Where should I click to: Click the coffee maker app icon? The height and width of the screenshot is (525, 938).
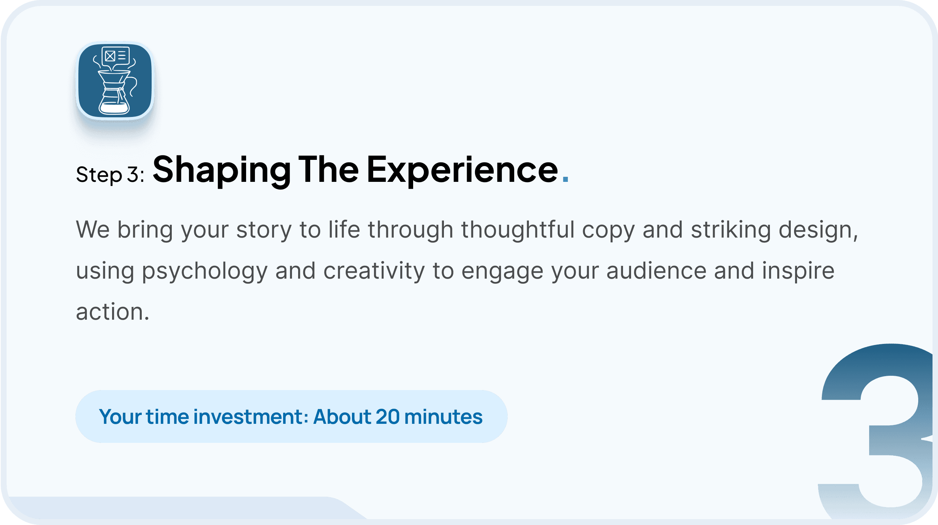click(115, 81)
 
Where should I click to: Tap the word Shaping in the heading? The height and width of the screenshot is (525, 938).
click(222, 170)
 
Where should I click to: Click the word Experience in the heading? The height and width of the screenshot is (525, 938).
click(462, 170)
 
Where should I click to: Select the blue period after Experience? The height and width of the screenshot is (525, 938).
click(565, 179)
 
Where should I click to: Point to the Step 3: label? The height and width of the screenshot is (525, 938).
click(110, 174)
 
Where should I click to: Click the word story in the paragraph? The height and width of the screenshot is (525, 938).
click(264, 230)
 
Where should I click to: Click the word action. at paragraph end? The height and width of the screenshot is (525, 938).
click(112, 312)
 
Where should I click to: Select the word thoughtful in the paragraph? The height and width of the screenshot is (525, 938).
click(518, 230)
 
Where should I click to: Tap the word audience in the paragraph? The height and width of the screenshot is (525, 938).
click(656, 271)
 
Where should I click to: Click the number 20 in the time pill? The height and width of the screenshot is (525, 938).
click(388, 417)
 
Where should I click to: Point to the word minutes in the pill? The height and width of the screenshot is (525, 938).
click(444, 417)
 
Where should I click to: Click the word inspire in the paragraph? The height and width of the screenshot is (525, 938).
click(798, 272)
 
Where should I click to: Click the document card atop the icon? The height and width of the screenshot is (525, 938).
click(115, 56)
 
